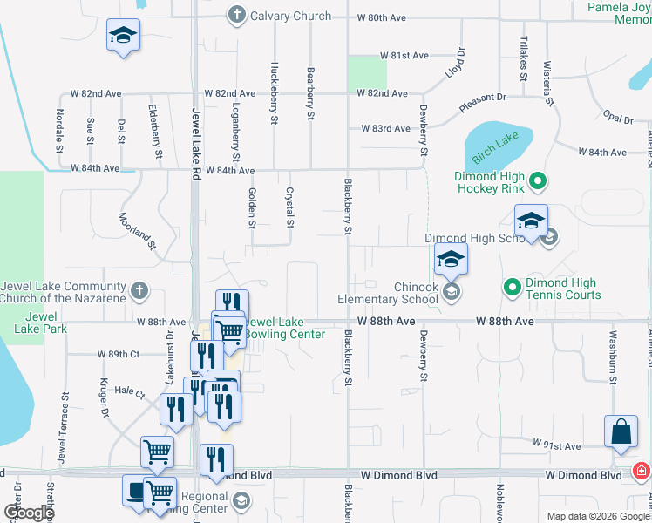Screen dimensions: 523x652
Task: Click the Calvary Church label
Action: tap(290, 16)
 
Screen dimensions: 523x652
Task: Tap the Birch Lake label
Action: tap(495, 141)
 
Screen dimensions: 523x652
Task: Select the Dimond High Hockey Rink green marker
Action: tap(539, 181)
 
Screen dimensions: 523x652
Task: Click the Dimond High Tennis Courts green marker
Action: tap(513, 285)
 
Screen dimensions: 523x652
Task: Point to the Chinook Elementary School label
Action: tap(388, 294)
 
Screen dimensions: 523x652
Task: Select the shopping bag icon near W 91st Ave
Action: tap(622, 432)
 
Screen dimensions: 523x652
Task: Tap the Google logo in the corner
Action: tap(28, 513)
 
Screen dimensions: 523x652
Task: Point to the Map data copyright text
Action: tap(597, 516)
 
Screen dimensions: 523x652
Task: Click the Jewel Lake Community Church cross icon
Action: tap(139, 290)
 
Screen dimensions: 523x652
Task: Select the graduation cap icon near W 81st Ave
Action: tap(123, 36)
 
